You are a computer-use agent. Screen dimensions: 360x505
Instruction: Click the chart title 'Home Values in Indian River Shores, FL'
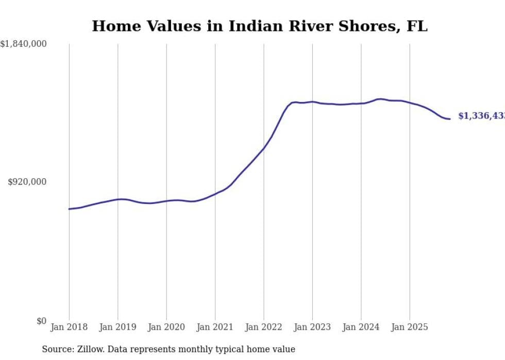pyautogui.click(x=259, y=26)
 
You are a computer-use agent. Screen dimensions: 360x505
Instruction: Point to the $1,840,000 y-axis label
pyautogui.click(x=24, y=44)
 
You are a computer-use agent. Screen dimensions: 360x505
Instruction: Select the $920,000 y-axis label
pyautogui.click(x=27, y=182)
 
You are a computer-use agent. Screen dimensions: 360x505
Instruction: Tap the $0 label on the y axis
pyautogui.click(x=41, y=321)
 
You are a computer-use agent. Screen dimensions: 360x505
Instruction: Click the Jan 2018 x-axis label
pyautogui.click(x=69, y=327)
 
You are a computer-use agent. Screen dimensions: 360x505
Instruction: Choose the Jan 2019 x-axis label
pyautogui.click(x=117, y=327)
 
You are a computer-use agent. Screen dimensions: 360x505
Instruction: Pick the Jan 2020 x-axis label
pyautogui.click(x=166, y=327)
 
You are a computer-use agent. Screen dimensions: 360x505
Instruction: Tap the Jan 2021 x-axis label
pyautogui.click(x=215, y=327)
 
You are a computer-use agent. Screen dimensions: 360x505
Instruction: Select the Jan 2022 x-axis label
pyautogui.click(x=264, y=327)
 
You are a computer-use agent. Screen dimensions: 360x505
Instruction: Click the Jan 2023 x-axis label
pyautogui.click(x=312, y=327)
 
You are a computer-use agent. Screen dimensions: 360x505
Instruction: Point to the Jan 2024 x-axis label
pyautogui.click(x=361, y=327)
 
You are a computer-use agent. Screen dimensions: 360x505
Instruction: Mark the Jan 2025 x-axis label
pyautogui.click(x=410, y=327)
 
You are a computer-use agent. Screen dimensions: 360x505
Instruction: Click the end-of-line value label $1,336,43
pyautogui.click(x=481, y=116)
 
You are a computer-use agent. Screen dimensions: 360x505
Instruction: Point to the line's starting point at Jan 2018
pyautogui.click(x=69, y=209)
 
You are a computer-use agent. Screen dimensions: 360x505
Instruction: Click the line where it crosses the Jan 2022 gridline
pyautogui.click(x=264, y=148)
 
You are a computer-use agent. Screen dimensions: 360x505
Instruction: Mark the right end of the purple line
pyautogui.click(x=450, y=119)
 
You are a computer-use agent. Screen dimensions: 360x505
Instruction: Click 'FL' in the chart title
pyautogui.click(x=418, y=26)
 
